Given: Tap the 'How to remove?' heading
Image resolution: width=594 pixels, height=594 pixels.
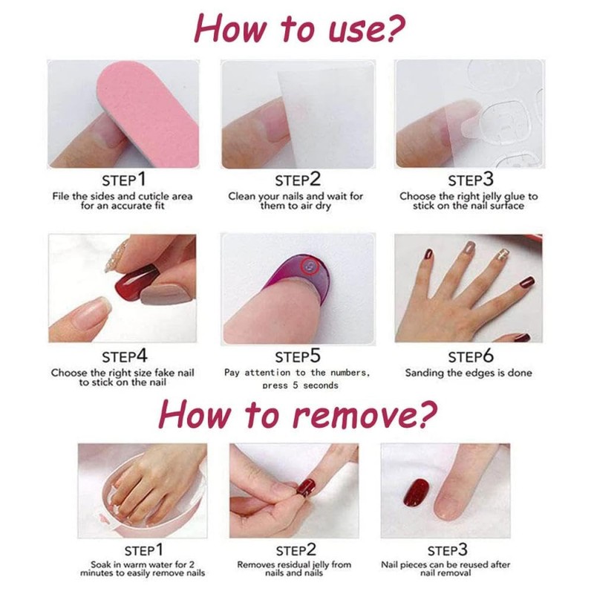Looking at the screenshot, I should (297, 414).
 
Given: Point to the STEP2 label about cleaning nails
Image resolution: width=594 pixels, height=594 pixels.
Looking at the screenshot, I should (297, 180).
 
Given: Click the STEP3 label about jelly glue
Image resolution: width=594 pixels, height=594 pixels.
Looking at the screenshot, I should (470, 180).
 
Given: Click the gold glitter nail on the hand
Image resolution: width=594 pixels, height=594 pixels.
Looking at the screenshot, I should (505, 255).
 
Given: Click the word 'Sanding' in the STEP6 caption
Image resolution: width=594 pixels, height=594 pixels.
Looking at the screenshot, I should (427, 373).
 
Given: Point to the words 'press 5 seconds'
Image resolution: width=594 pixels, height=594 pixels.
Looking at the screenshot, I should (300, 385).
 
